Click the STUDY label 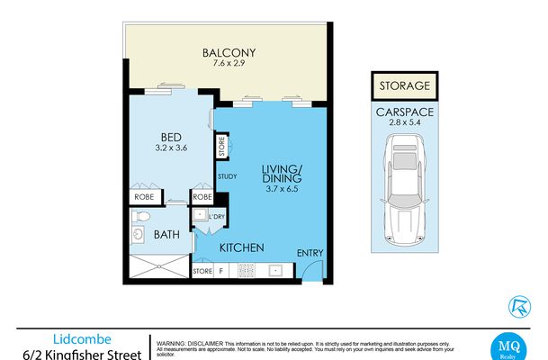(x=227, y=177)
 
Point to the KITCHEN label (x=240, y=247)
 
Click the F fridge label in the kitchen (x=221, y=270)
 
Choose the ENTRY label (x=310, y=253)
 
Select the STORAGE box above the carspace (x=403, y=87)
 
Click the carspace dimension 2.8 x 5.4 (x=403, y=123)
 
